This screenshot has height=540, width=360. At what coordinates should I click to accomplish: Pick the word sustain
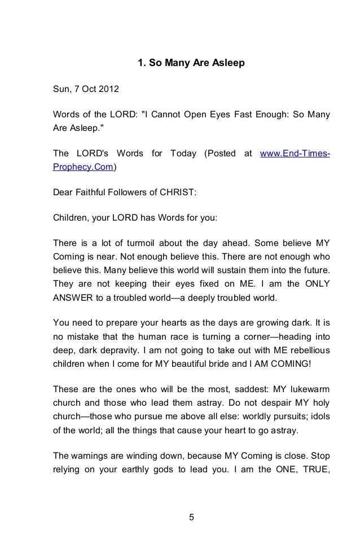click(x=256, y=270)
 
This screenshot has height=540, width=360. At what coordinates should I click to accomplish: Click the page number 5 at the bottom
click(x=191, y=517)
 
